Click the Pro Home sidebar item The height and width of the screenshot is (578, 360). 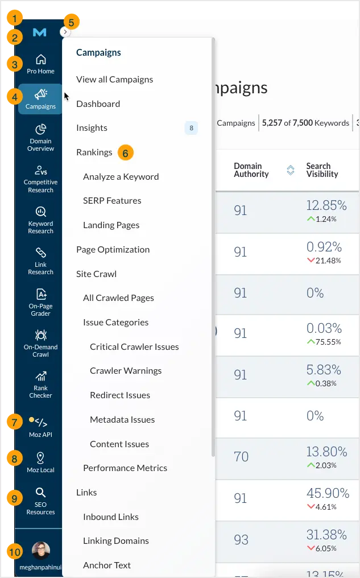(x=40, y=64)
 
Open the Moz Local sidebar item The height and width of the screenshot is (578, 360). (x=40, y=463)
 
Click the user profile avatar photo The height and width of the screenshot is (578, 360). (x=40, y=550)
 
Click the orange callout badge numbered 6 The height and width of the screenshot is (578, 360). (x=126, y=152)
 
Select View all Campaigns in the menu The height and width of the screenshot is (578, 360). (x=114, y=80)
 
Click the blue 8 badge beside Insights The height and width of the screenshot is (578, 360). (x=191, y=128)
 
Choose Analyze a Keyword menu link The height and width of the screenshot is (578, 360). (x=121, y=176)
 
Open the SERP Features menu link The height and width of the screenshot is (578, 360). (x=112, y=201)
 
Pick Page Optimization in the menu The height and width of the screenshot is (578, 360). (x=113, y=249)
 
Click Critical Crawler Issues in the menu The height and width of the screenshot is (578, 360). (x=134, y=346)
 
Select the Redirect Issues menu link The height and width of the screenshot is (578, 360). (x=120, y=395)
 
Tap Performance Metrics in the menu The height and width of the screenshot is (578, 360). (x=125, y=468)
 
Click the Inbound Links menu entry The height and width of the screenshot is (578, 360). (x=111, y=517)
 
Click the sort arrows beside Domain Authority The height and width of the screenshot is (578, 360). (x=290, y=170)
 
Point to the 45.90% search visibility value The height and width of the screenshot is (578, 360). (x=327, y=493)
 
